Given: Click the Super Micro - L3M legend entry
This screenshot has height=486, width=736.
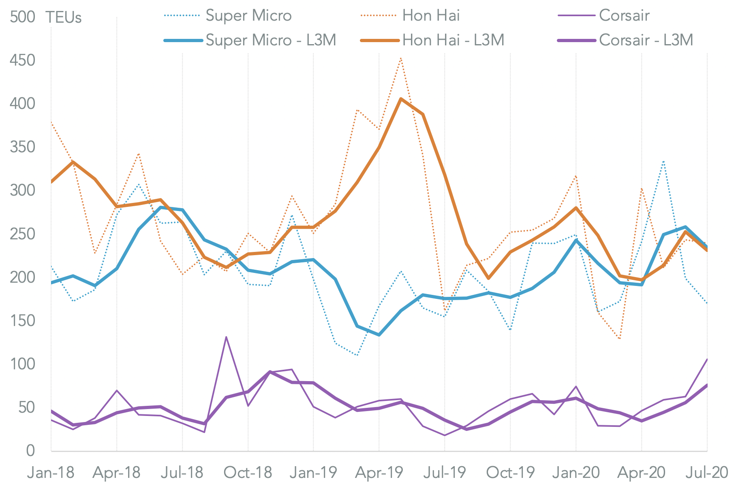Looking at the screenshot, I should point(271,40).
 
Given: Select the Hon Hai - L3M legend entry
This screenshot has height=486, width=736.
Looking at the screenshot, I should point(453,40).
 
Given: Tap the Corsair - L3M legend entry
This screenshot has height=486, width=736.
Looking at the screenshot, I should point(646,40).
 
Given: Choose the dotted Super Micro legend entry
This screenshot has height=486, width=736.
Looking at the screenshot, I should point(248,16).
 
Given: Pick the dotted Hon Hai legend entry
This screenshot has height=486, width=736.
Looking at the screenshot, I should point(431,16).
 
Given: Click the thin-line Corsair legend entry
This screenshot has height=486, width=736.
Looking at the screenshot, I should point(624,16).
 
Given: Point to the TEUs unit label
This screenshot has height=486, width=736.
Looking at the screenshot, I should point(64,18).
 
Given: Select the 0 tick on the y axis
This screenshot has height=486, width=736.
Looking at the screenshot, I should point(30,450).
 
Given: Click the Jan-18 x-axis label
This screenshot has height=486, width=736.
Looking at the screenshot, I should point(51,473).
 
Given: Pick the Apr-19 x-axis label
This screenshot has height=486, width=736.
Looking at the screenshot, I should point(379,473).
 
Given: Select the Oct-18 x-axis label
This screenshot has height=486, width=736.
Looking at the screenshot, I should point(248,473).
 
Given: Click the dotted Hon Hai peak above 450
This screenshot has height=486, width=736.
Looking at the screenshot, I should point(401,58).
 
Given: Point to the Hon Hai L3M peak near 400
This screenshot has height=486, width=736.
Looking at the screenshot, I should point(401,99).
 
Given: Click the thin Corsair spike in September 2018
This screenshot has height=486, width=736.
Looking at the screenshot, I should point(226,337).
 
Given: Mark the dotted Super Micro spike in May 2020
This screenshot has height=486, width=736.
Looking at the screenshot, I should point(663,161).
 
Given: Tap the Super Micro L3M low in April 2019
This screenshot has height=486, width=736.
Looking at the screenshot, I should point(379,335).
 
